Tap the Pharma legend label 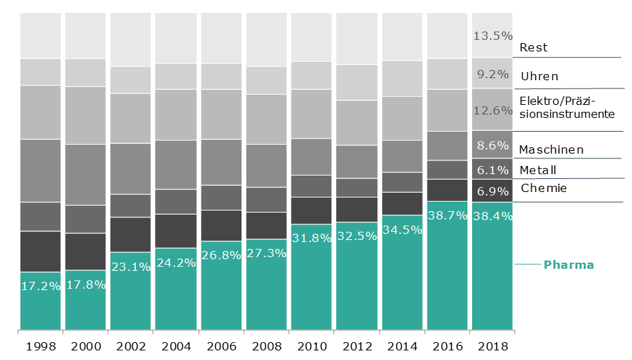[x=568, y=264]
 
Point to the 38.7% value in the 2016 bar [x=447, y=215]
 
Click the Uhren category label [x=539, y=76]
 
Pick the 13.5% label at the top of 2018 [x=492, y=35]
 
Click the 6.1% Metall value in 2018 [x=492, y=169]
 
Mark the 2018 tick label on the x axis [x=492, y=347]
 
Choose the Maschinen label [x=551, y=149]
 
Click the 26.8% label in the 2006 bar [x=221, y=256]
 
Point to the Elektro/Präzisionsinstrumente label [x=567, y=108]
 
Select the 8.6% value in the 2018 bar [x=492, y=145]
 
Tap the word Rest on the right [x=533, y=48]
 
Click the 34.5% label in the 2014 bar [x=402, y=230]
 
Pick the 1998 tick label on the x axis [x=40, y=347]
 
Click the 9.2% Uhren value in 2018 [x=492, y=74]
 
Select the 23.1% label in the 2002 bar [x=130, y=267]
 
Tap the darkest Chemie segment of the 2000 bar [x=86, y=252]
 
